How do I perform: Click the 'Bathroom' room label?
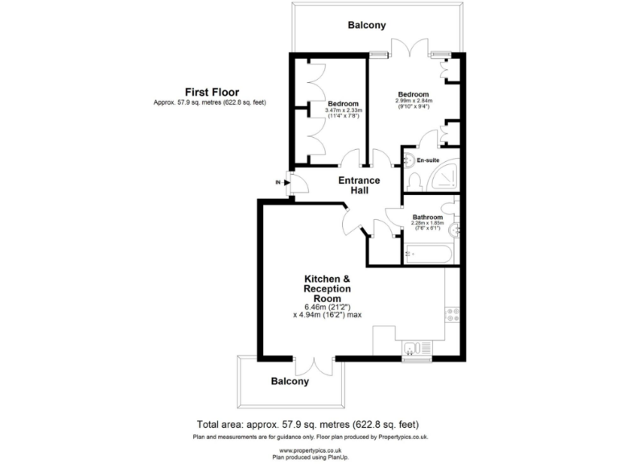pyautogui.click(x=427, y=217)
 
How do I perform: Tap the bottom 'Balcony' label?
pyautogui.click(x=290, y=382)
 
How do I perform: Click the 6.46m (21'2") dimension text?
pyautogui.click(x=327, y=306)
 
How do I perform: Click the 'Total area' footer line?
pyautogui.click(x=308, y=425)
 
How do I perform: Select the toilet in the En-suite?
pyautogui.click(x=414, y=177)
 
